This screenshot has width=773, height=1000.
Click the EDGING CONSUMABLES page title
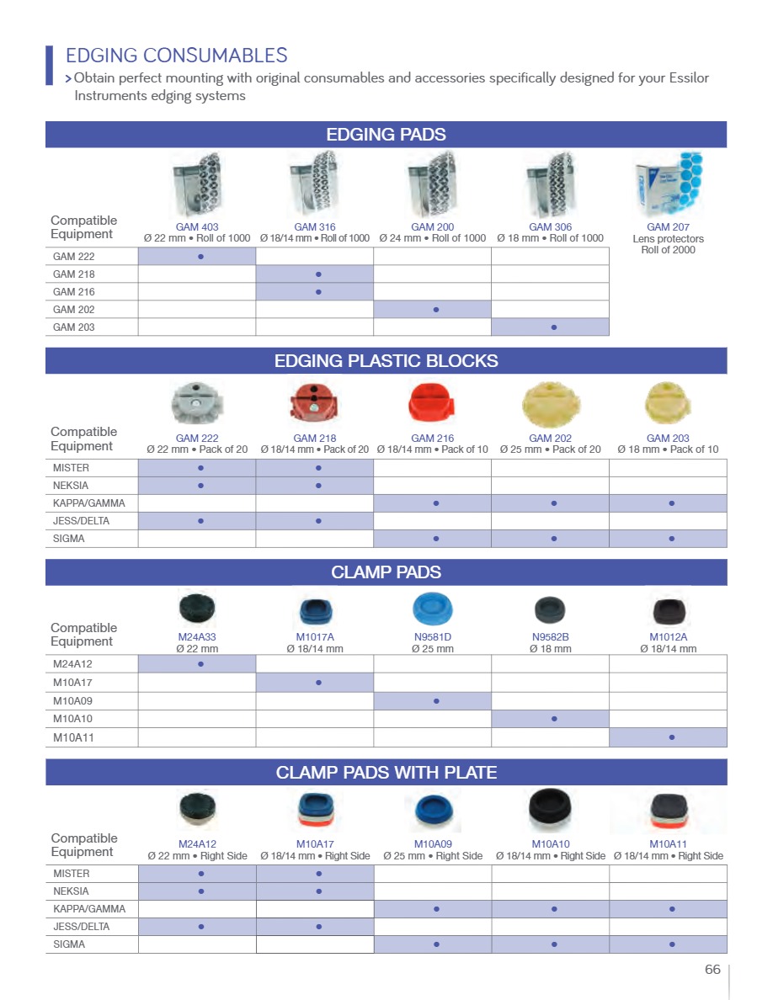click(177, 56)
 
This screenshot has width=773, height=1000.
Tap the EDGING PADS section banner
click(386, 135)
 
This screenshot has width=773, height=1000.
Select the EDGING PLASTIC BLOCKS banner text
click(386, 361)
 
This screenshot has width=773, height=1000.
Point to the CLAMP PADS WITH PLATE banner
click(386, 772)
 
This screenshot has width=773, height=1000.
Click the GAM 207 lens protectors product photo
click(669, 185)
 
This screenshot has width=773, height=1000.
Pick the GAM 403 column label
click(197, 227)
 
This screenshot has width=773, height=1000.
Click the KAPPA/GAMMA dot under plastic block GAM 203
click(669, 503)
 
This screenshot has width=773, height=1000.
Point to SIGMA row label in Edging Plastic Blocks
click(69, 539)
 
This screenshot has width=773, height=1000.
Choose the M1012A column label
click(669, 637)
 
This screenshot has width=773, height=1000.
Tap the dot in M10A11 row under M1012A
click(669, 737)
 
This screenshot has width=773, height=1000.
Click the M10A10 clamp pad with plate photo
click(551, 809)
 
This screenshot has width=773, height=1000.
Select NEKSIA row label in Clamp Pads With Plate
click(71, 891)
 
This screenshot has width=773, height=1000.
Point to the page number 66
click(712, 970)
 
